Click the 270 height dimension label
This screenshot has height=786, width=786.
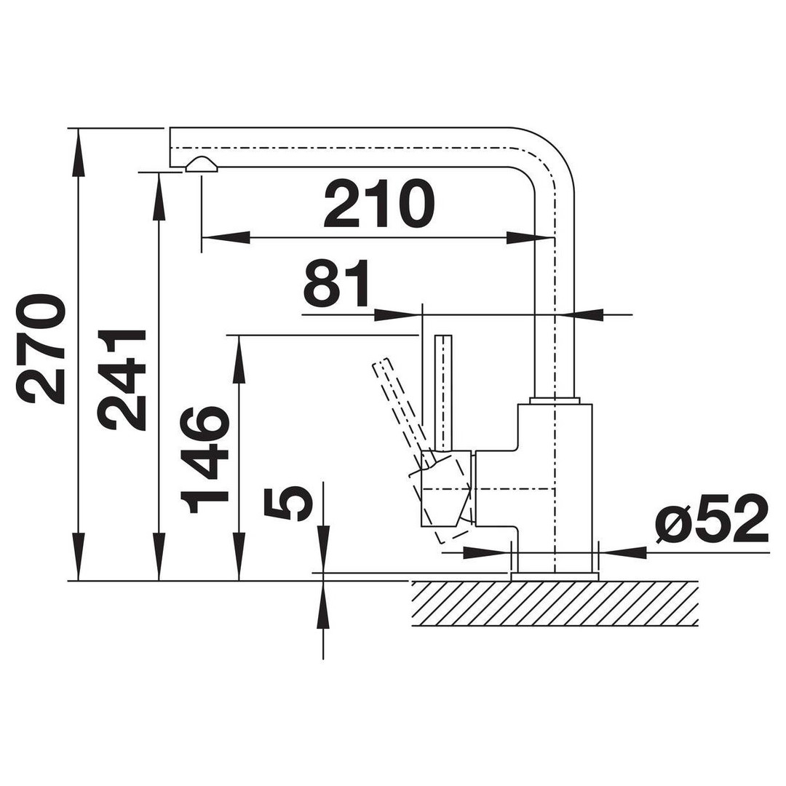click(41, 349)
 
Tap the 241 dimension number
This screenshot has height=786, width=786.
click(122, 380)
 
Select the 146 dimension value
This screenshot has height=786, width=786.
click(205, 460)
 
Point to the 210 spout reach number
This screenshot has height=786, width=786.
click(378, 204)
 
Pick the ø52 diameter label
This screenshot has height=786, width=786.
click(712, 519)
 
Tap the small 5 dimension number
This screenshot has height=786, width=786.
click(289, 504)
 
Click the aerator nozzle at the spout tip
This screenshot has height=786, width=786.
click(202, 164)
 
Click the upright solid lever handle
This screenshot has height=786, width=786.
click(445, 393)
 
